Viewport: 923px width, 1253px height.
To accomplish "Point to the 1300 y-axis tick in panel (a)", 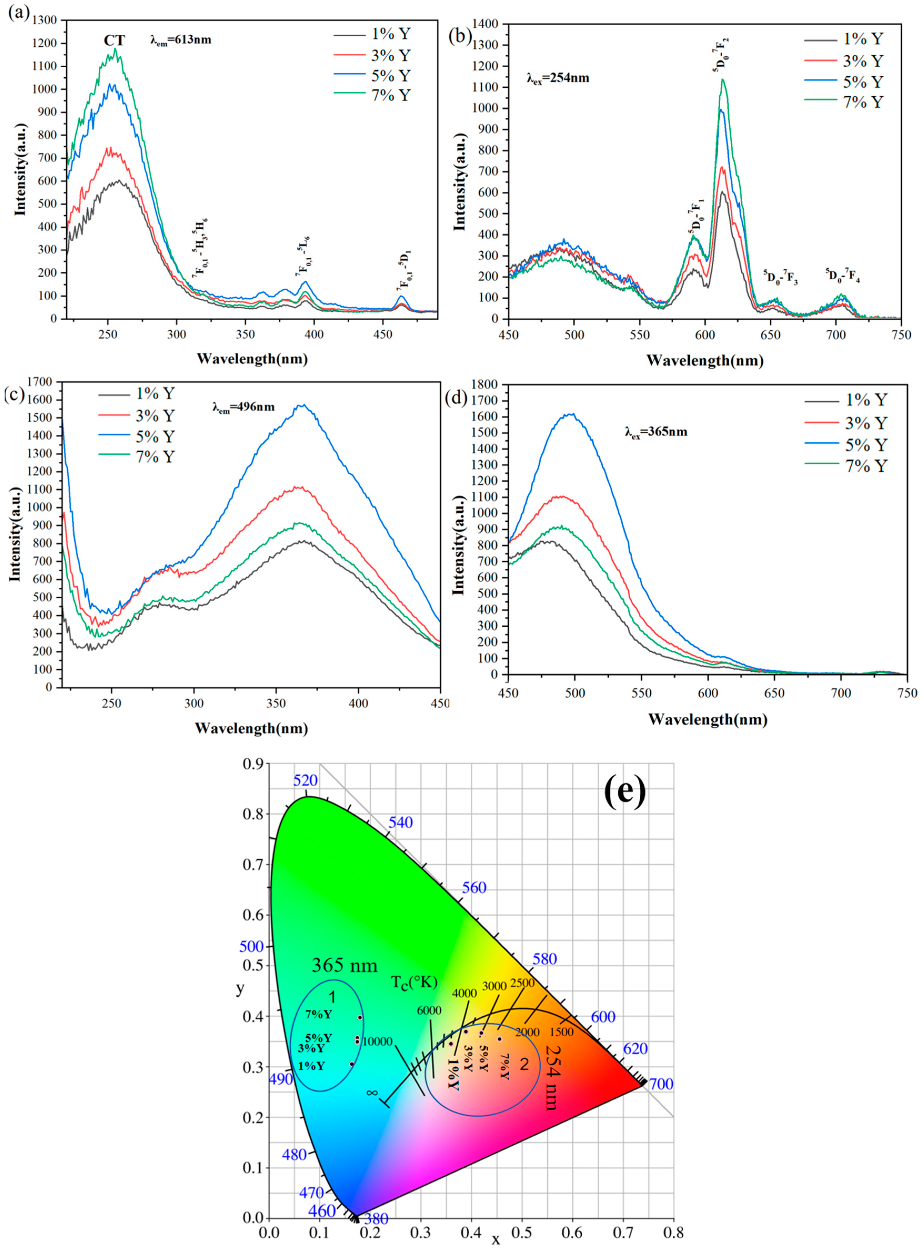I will tap(45, 20).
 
